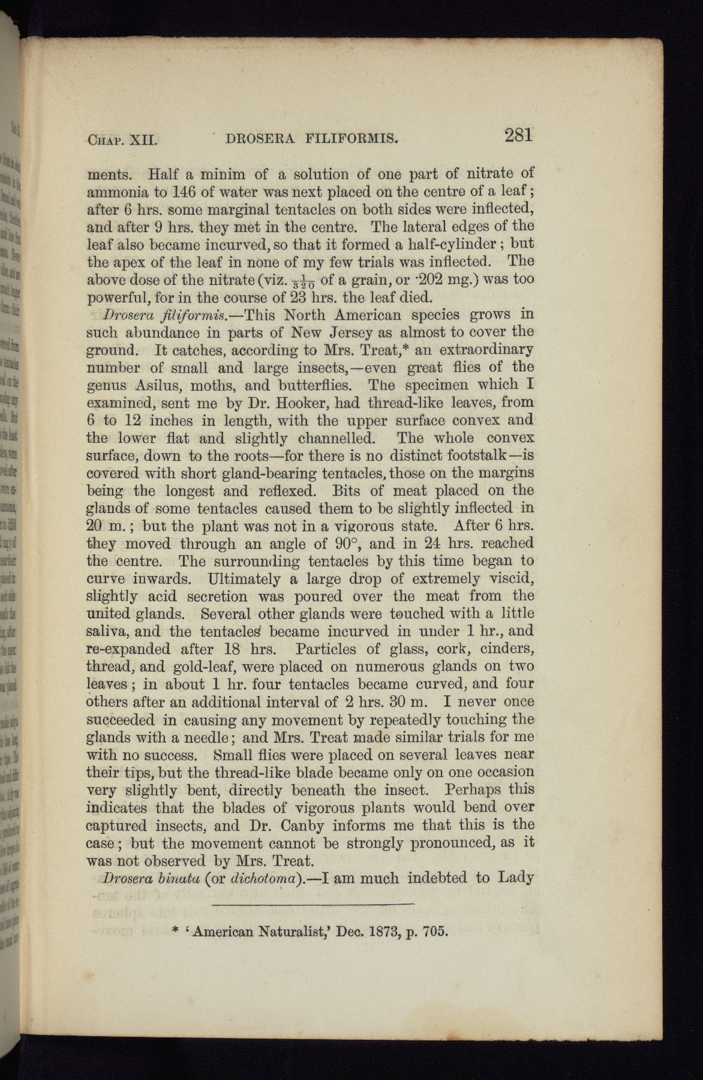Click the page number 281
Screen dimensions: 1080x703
(x=518, y=136)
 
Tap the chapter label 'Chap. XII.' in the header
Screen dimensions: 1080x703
(x=122, y=141)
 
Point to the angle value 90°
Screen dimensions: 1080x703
(x=346, y=544)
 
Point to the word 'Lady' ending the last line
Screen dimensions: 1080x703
(x=516, y=878)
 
